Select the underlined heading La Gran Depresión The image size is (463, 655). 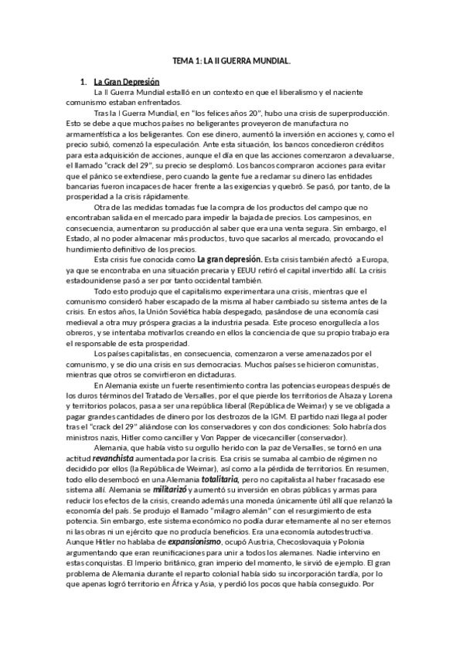[x=126, y=81]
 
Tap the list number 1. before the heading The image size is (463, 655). [x=83, y=81]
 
